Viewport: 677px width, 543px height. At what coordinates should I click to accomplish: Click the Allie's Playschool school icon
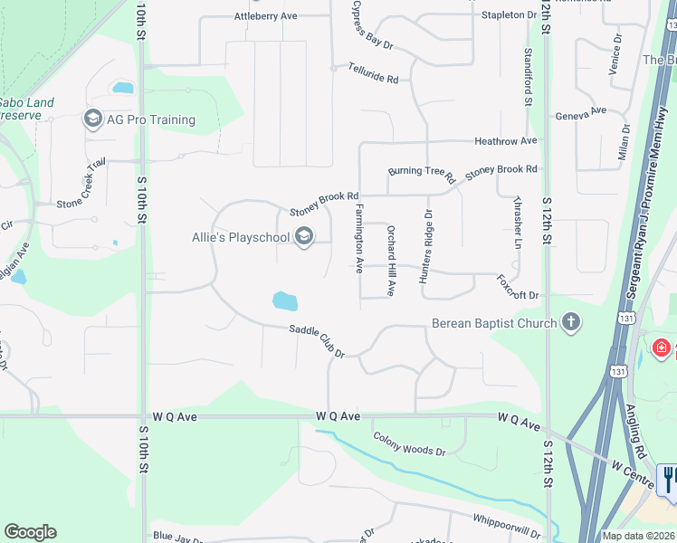tap(304, 237)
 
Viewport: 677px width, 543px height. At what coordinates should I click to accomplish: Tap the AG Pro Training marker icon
tap(92, 119)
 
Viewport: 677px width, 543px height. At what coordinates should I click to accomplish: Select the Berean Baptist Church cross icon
tap(570, 323)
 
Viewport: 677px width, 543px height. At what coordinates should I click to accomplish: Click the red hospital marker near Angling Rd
tap(662, 348)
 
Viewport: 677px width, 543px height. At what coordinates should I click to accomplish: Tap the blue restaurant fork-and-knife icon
tap(669, 479)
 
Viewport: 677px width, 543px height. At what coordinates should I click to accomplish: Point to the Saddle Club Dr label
tap(317, 340)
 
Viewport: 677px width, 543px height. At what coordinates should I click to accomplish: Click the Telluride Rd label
tap(374, 79)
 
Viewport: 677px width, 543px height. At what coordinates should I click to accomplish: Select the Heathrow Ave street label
tap(506, 141)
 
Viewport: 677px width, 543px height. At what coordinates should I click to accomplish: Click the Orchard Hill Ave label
tap(392, 262)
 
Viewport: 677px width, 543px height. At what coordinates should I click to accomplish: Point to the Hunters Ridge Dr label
tap(425, 246)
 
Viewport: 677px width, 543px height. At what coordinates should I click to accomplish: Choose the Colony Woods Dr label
tap(410, 443)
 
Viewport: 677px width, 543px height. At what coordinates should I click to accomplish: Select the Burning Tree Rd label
tap(421, 174)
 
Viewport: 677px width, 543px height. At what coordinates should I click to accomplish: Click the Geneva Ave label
tap(580, 112)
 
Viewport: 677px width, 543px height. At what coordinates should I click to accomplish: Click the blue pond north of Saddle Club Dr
tap(285, 300)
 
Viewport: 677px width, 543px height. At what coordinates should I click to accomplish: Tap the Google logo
tap(30, 532)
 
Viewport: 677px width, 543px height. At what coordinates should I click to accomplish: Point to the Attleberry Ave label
tap(265, 16)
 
